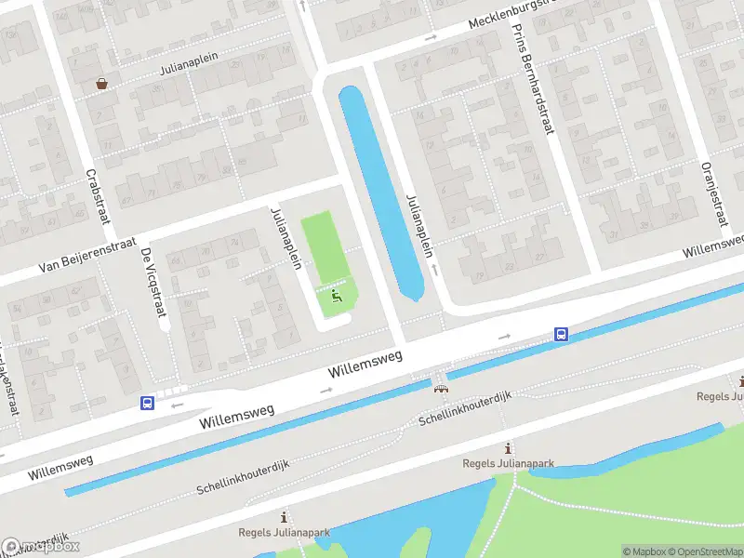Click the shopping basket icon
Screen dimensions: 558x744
point(101,84)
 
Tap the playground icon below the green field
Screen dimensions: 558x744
point(337,295)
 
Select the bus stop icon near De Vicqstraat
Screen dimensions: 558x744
point(147,403)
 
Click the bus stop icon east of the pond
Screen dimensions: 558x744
point(562,334)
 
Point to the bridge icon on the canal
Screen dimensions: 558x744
point(440,388)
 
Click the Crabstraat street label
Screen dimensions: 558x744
point(93,196)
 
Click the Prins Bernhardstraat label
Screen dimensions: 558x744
point(533,79)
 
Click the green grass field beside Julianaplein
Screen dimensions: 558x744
point(322,246)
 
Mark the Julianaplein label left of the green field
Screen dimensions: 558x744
point(286,238)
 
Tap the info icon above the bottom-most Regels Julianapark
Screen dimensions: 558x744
point(284,517)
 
